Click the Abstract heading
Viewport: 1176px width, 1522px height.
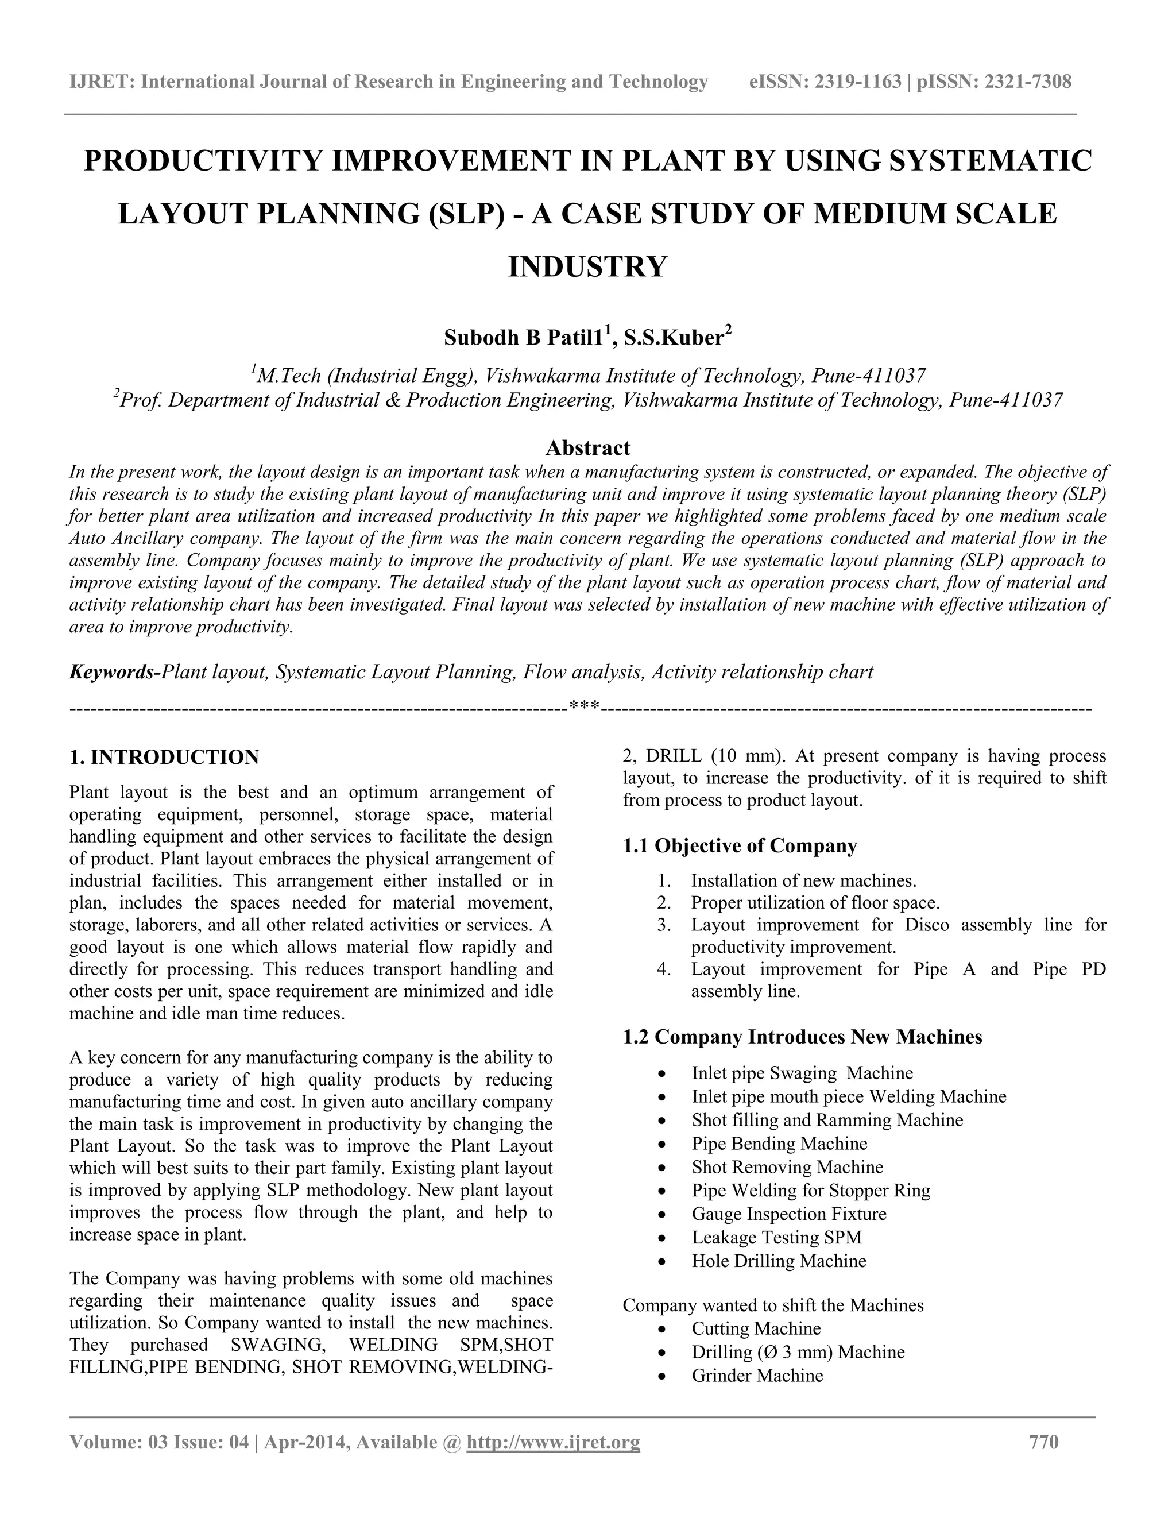(x=588, y=447)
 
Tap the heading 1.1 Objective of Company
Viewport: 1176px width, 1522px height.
(x=740, y=846)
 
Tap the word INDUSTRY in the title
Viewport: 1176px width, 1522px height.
(x=588, y=267)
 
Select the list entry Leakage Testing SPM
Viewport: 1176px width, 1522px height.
(x=777, y=1237)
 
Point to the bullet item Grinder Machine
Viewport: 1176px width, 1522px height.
(x=757, y=1375)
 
